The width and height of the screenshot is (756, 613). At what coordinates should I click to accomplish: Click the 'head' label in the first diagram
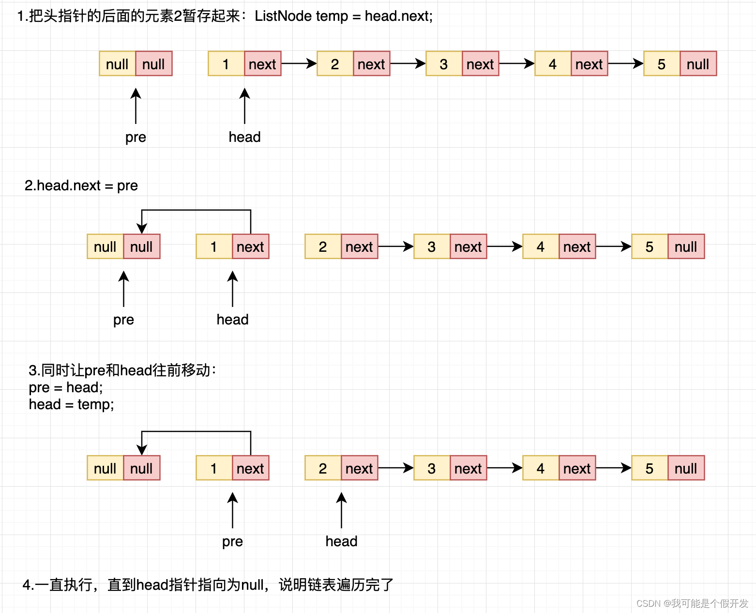pyautogui.click(x=244, y=137)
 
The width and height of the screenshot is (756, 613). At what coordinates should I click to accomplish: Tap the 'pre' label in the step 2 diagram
pyautogui.click(x=123, y=320)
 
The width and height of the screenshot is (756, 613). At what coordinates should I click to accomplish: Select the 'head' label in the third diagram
pyautogui.click(x=341, y=541)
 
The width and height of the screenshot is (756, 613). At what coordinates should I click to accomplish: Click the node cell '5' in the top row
pyautogui.click(x=662, y=64)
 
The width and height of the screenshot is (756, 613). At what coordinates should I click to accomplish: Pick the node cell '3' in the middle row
pyautogui.click(x=432, y=247)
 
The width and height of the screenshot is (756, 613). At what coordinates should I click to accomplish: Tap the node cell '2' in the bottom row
pyautogui.click(x=323, y=468)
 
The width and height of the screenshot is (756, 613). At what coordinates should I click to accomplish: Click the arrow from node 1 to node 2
pyautogui.click(x=299, y=63)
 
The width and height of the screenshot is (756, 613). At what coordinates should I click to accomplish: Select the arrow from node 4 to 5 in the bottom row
pyautogui.click(x=613, y=468)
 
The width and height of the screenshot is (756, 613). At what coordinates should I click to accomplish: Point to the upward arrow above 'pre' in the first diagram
pyautogui.click(x=136, y=106)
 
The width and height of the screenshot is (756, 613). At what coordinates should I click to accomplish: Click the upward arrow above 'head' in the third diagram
pyautogui.click(x=341, y=510)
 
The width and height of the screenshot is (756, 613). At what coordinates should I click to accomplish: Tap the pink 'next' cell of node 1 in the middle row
pyautogui.click(x=250, y=247)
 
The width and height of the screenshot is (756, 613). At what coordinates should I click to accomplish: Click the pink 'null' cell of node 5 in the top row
pyautogui.click(x=698, y=64)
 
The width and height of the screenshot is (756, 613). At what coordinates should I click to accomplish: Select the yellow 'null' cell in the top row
pyautogui.click(x=117, y=64)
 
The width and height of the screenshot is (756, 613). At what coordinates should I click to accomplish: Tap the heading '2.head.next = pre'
pyautogui.click(x=81, y=185)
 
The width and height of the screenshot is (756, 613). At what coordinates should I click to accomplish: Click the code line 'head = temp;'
pyautogui.click(x=71, y=404)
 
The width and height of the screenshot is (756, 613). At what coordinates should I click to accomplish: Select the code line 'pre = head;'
pyautogui.click(x=66, y=387)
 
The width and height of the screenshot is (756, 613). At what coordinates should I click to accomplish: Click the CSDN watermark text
pyautogui.click(x=692, y=603)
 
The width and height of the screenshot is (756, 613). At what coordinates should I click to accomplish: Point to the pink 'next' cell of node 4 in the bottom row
pyautogui.click(x=577, y=468)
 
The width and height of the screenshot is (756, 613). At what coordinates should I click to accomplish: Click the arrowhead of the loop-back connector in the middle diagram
pyautogui.click(x=142, y=229)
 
